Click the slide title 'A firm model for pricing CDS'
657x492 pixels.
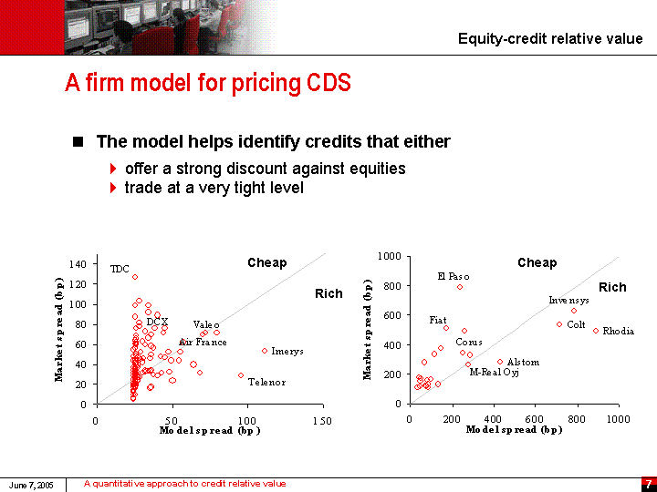click(x=208, y=84)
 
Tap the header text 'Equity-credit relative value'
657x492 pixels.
click(x=550, y=38)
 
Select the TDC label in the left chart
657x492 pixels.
click(x=120, y=269)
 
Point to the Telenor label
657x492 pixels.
click(x=266, y=383)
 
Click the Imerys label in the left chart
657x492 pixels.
click(x=287, y=352)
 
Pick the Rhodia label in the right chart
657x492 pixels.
click(x=618, y=332)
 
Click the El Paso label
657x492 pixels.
click(x=454, y=276)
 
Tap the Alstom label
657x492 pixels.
click(x=523, y=363)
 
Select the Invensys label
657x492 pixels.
click(x=568, y=301)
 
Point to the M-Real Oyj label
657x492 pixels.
click(x=494, y=373)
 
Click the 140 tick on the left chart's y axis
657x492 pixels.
click(x=78, y=263)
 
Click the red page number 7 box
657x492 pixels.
click(x=648, y=484)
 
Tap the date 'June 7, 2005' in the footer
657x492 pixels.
click(x=32, y=485)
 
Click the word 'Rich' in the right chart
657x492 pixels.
click(x=612, y=288)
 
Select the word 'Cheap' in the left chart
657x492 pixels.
click(x=266, y=263)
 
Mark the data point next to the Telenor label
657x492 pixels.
click(x=241, y=375)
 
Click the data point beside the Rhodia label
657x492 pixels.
click(x=596, y=331)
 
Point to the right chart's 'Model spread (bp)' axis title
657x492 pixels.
click(x=514, y=430)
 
